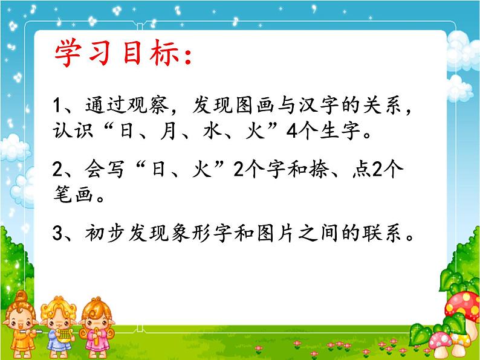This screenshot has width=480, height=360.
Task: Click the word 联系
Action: [x=385, y=233]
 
